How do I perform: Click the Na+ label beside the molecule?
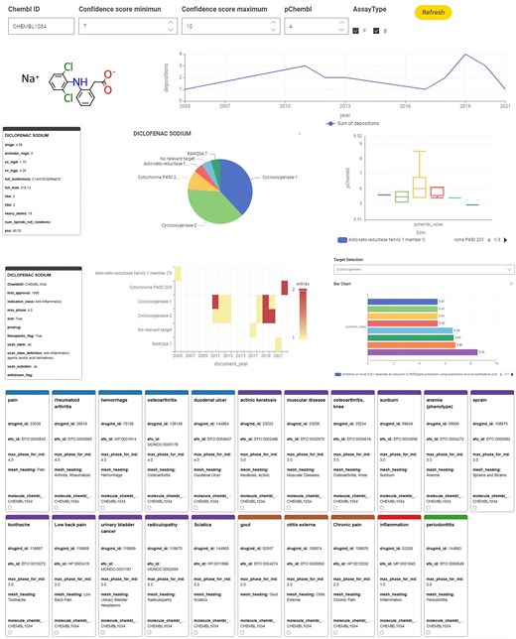31,78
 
